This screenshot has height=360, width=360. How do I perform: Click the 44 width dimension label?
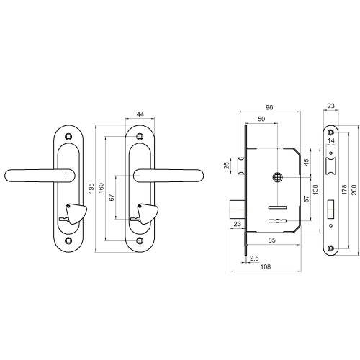pos(140,114)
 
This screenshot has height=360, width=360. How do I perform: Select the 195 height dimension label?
pos(91,189)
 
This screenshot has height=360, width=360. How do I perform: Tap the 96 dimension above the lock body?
pos(269,108)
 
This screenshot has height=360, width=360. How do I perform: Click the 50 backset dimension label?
pos(261,119)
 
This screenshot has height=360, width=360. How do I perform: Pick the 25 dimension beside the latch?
pos(227,166)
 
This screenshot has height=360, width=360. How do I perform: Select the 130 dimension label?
pos(315,190)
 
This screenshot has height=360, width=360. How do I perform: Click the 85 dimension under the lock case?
pos(271,240)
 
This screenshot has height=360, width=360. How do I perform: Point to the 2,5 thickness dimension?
pos(254,258)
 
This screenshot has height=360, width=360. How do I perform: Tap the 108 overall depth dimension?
pos(266,266)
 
